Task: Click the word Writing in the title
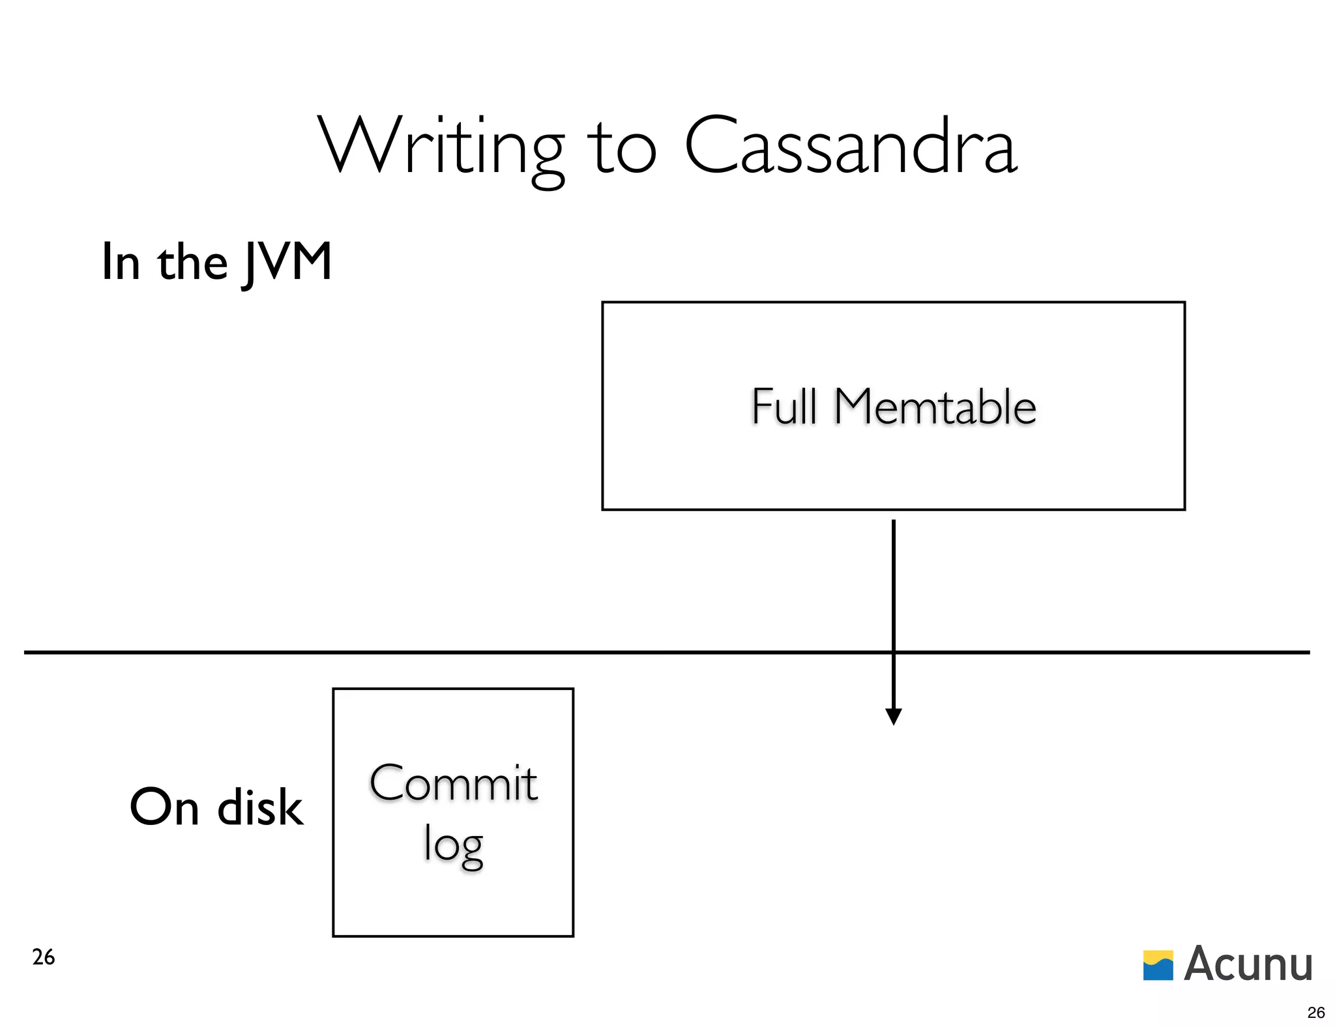(441, 147)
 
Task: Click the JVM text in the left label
(287, 263)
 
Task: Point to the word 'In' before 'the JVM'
(121, 262)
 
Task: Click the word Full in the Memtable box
(784, 407)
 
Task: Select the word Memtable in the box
(935, 407)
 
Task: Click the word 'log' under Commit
(453, 845)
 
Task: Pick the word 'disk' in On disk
(259, 807)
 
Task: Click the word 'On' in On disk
(164, 807)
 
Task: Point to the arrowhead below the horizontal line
(894, 717)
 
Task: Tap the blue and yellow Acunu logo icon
(1158, 965)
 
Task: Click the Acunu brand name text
(1248, 964)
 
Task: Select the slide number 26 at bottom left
(44, 957)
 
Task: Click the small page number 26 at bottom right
(1316, 1012)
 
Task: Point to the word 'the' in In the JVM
(192, 263)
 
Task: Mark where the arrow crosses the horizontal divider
(894, 652)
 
